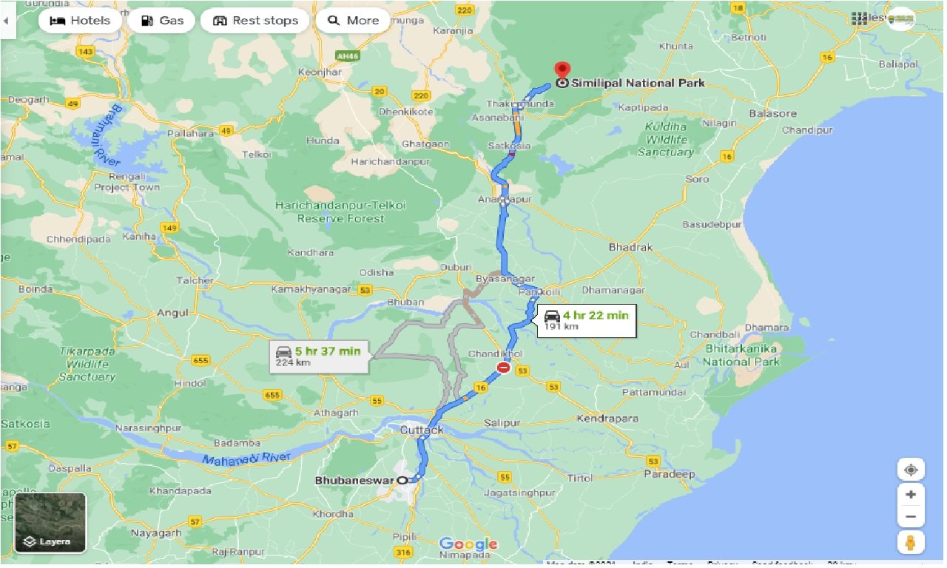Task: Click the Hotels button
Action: tap(80, 21)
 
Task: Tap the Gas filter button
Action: tap(161, 21)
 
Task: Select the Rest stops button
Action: tap(255, 21)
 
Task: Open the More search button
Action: tap(353, 21)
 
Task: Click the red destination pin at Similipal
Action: tap(562, 72)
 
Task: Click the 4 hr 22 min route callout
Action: tap(587, 319)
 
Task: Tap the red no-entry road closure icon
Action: tap(504, 367)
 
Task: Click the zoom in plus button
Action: tap(911, 494)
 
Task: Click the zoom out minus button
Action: tap(911, 517)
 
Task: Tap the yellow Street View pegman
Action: tap(911, 543)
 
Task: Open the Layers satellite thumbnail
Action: tap(50, 523)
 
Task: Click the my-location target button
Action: tap(911, 470)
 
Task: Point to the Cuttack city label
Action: tap(421, 430)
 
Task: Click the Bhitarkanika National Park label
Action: tap(741, 355)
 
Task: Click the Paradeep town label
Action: tap(669, 474)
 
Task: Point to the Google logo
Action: tap(468, 545)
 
